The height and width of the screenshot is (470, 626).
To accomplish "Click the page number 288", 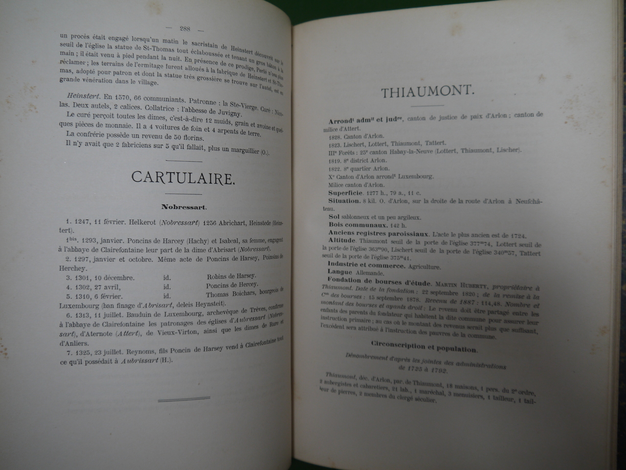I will [185, 28].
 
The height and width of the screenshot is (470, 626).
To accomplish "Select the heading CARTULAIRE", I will [183, 178].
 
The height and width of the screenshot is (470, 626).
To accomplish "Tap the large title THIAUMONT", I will [426, 92].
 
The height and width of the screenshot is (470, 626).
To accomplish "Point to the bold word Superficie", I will [348, 192].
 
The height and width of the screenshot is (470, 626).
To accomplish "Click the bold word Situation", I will [344, 201].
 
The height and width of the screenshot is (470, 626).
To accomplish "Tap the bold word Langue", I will [340, 272].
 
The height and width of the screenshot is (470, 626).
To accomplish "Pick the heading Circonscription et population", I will [424, 349].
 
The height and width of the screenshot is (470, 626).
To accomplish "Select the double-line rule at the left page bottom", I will [184, 399].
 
